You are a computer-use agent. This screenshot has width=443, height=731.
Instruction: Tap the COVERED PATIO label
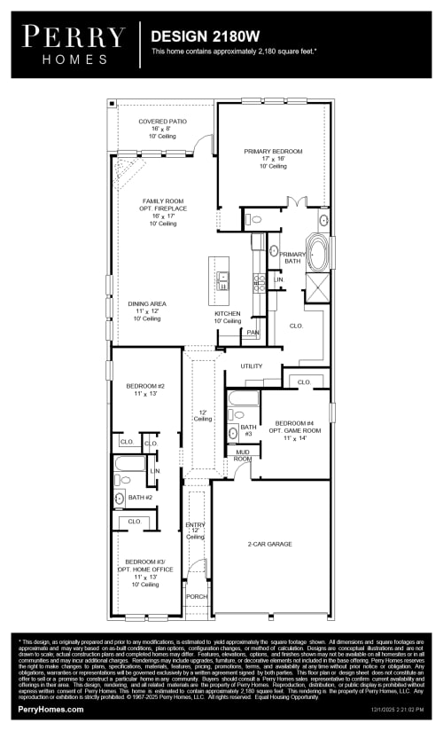point(159,122)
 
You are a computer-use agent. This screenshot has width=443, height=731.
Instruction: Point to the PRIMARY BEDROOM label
point(273,152)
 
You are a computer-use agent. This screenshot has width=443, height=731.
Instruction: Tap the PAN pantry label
point(253,333)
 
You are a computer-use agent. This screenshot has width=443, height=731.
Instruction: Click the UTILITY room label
point(252,365)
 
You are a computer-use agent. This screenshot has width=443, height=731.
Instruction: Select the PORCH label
point(198,596)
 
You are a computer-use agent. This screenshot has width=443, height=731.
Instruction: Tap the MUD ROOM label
point(242,455)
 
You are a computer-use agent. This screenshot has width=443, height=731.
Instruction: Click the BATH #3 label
point(249,429)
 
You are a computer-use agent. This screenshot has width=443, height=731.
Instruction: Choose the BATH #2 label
point(141,498)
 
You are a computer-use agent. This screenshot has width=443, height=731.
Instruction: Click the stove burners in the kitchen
point(260,282)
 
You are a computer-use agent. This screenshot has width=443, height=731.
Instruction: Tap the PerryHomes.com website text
point(51,709)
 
